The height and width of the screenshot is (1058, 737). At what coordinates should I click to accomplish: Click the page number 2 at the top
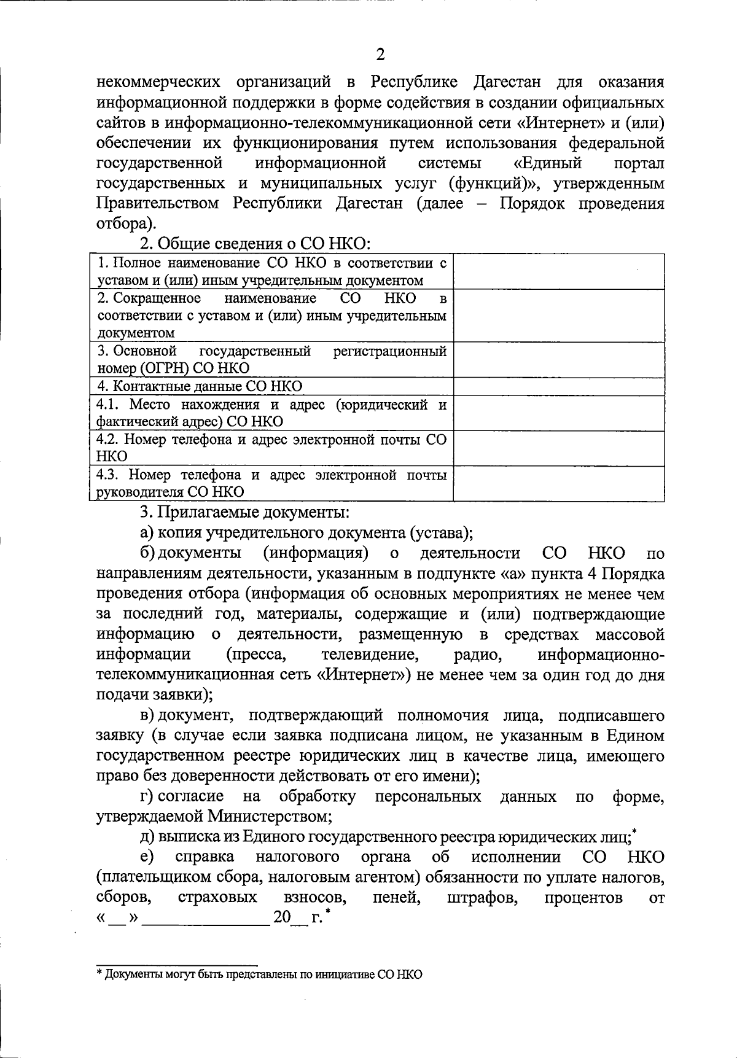pos(380,55)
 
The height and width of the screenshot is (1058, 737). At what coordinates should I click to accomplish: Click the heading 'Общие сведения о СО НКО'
pos(255,244)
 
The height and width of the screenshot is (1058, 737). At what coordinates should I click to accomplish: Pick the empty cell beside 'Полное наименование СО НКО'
pos(558,271)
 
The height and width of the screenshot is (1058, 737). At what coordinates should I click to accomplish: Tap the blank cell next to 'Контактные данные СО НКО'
pos(558,386)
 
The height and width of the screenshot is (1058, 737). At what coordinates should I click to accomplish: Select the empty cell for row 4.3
pos(558,484)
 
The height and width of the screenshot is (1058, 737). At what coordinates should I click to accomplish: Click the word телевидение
pos(370,655)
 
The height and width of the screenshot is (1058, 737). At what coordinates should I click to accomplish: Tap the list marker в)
pos(147,715)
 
